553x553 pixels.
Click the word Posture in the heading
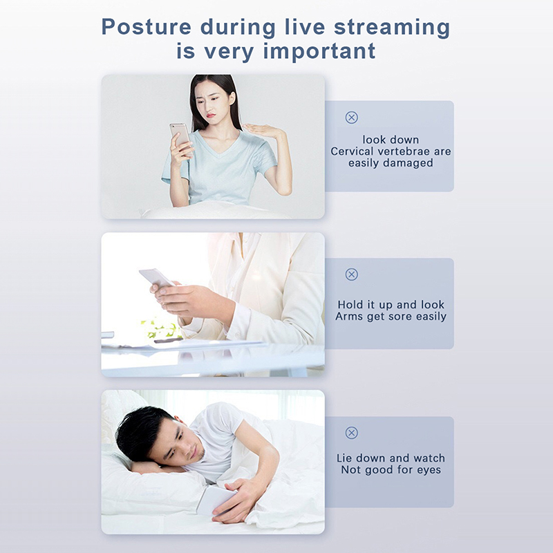tap(147, 27)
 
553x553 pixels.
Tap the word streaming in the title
tap(392, 28)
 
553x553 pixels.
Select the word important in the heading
tap(319, 51)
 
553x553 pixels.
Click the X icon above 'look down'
tap(351, 118)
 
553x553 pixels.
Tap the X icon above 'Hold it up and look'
tap(351, 274)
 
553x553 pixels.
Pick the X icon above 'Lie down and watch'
tap(351, 433)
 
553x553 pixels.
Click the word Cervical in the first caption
tap(352, 151)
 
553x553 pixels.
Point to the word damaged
tap(408, 163)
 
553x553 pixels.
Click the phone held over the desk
tap(156, 277)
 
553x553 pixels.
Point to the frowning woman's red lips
tap(210, 115)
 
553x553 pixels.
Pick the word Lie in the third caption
tap(344, 458)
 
